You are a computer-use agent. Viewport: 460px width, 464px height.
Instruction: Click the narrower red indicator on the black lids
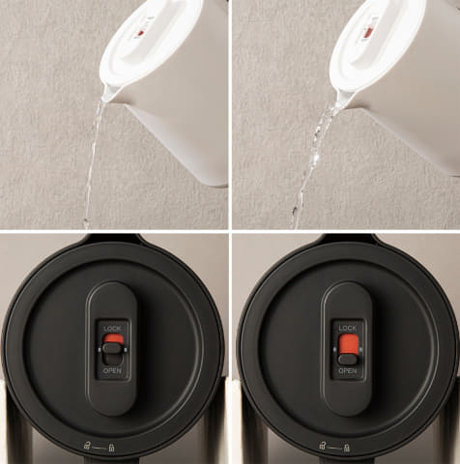(x=113, y=338)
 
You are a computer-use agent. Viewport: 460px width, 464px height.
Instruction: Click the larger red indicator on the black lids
(x=348, y=344)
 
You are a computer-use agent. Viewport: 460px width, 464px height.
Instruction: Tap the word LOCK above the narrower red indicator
(x=112, y=329)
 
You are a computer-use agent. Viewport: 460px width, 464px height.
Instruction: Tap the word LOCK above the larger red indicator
(x=348, y=329)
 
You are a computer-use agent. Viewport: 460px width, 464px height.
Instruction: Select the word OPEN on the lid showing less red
(x=112, y=371)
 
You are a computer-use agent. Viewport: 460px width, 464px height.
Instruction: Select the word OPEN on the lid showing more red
(x=348, y=371)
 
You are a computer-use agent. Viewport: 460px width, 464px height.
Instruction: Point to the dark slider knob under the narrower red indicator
(x=113, y=349)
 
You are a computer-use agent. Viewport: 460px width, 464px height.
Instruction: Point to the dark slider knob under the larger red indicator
(x=348, y=360)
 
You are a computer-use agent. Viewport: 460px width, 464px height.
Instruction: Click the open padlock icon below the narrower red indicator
(x=87, y=446)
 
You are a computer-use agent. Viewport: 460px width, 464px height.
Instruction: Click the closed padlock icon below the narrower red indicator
(x=111, y=448)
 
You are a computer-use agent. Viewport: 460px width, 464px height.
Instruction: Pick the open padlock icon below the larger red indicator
(x=322, y=446)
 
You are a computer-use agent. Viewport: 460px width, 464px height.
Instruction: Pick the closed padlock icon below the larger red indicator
(x=347, y=448)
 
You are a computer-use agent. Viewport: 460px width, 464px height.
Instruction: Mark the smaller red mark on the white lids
(x=141, y=33)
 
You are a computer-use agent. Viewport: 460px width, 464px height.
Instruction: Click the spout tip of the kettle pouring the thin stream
(x=103, y=100)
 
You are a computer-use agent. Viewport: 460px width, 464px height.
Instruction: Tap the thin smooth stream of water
(x=93, y=162)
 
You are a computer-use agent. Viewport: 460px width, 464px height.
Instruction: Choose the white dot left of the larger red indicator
(x=335, y=350)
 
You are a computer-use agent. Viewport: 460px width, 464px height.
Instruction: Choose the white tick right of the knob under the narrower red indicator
(x=126, y=350)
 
